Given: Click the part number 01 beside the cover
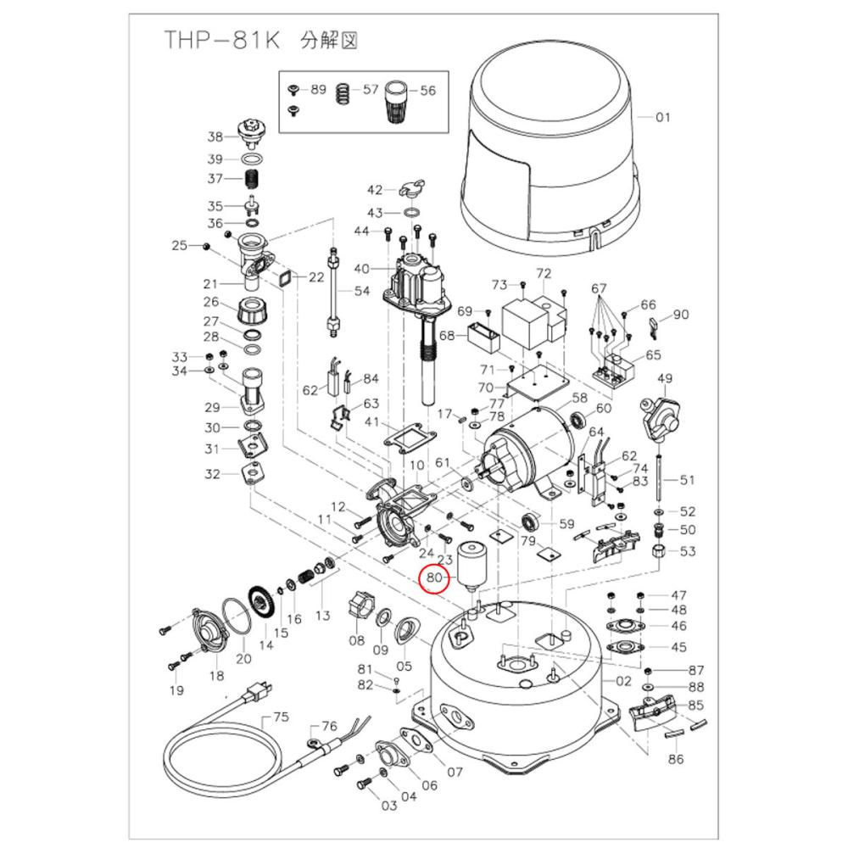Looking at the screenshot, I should pos(662,117).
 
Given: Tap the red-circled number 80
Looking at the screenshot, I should pos(436,578).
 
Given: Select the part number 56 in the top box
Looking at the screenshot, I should pos(427,90).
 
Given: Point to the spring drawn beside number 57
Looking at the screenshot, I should pos(343,90).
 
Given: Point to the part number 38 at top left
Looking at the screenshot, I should pos(215,137).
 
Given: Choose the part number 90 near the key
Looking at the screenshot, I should pos(681,315).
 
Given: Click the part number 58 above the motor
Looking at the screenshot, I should pos(579,398).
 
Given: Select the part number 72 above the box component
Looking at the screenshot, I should pos(544,274).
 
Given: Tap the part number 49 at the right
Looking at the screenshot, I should pos(665,378).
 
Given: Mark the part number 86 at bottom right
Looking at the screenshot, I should pos(675,759).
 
